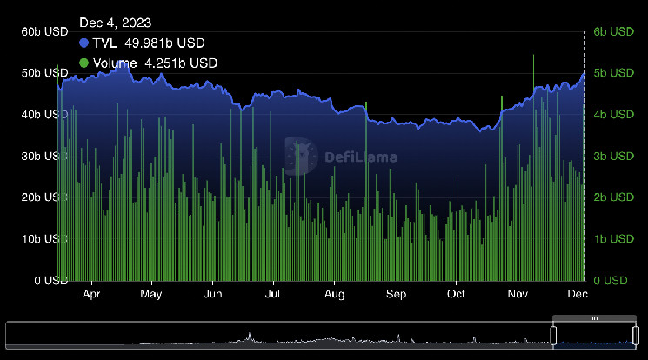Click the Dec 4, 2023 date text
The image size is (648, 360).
[x=113, y=23]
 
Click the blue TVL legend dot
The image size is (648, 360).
[x=84, y=43]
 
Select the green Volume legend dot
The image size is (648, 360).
[x=84, y=63]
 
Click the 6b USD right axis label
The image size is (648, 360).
[x=613, y=31]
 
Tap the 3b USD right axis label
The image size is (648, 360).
[x=613, y=156]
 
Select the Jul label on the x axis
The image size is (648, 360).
[x=273, y=295]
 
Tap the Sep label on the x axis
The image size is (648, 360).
[x=396, y=295]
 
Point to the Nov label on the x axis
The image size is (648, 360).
[x=518, y=295]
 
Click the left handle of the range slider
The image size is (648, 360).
[x=553, y=335]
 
